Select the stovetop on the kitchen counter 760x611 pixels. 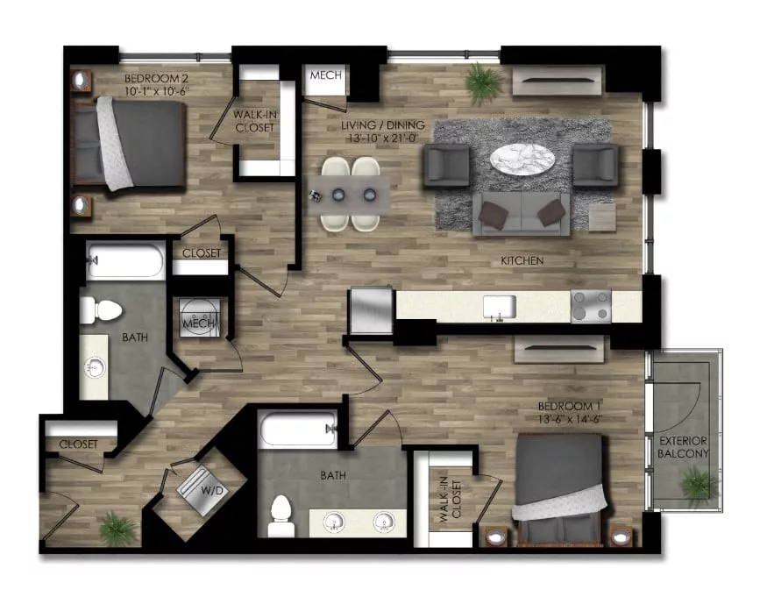(589, 306)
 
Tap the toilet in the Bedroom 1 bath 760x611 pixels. (281, 515)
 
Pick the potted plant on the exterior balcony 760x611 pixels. (698, 482)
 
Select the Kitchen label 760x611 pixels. (522, 261)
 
